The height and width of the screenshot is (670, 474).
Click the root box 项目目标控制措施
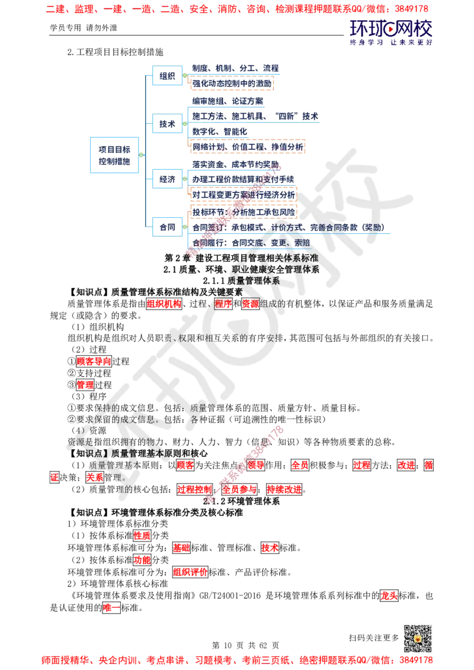pyautogui.click(x=115, y=156)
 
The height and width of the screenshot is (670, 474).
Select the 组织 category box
pyautogui.click(x=167, y=76)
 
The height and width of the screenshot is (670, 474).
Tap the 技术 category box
pyautogui.click(x=167, y=124)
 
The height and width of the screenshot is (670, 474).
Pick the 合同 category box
pyautogui.click(x=167, y=227)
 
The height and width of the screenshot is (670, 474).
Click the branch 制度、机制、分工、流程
pyautogui.click(x=235, y=68)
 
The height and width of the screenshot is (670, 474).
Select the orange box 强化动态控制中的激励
pyautogui.click(x=232, y=83)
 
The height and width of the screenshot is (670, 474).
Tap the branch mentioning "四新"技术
pyautogui.click(x=255, y=116)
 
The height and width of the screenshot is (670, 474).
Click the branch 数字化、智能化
pyautogui.click(x=219, y=131)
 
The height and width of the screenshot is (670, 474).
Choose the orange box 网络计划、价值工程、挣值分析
pyautogui.click(x=248, y=147)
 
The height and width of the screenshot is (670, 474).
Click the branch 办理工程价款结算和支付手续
pyautogui.click(x=243, y=179)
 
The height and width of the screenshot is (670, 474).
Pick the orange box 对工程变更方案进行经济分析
pyautogui.click(x=244, y=194)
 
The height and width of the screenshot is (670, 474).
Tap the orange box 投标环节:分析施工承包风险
pyautogui.click(x=244, y=211)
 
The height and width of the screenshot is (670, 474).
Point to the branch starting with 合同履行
pyautogui.click(x=249, y=243)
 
